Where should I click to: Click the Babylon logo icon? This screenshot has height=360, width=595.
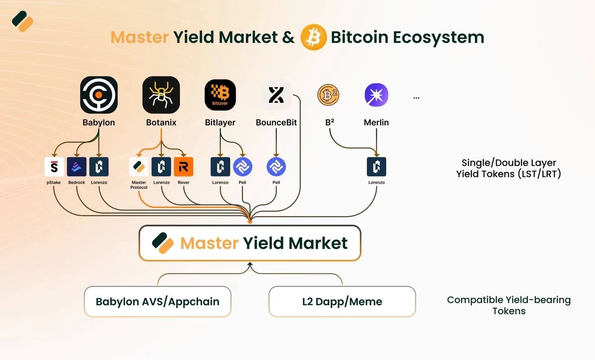(99, 95)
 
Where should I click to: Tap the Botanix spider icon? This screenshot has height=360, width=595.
(161, 95)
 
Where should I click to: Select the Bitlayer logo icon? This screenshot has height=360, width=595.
(220, 95)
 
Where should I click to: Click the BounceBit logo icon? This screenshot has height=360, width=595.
(276, 95)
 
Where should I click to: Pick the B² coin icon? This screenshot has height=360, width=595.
(328, 95)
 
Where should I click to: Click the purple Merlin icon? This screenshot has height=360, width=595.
(377, 95)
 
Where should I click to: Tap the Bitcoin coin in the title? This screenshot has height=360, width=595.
(313, 37)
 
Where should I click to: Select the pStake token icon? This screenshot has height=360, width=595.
(54, 167)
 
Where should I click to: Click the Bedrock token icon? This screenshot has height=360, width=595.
(77, 167)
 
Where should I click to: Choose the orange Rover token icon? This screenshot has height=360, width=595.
(184, 167)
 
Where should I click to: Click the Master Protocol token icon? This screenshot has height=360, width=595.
(139, 167)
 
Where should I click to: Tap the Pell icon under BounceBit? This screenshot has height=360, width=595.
(276, 167)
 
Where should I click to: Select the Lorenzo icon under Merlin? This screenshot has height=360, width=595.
(377, 167)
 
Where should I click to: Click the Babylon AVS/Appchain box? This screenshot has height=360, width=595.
(158, 301)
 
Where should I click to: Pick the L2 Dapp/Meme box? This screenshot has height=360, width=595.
(342, 301)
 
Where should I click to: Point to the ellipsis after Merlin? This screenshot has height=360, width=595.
(416, 98)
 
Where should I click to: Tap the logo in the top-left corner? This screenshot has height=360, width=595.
(23, 21)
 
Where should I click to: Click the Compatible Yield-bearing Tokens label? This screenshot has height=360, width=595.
(509, 305)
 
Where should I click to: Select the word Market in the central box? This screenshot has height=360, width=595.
(318, 243)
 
